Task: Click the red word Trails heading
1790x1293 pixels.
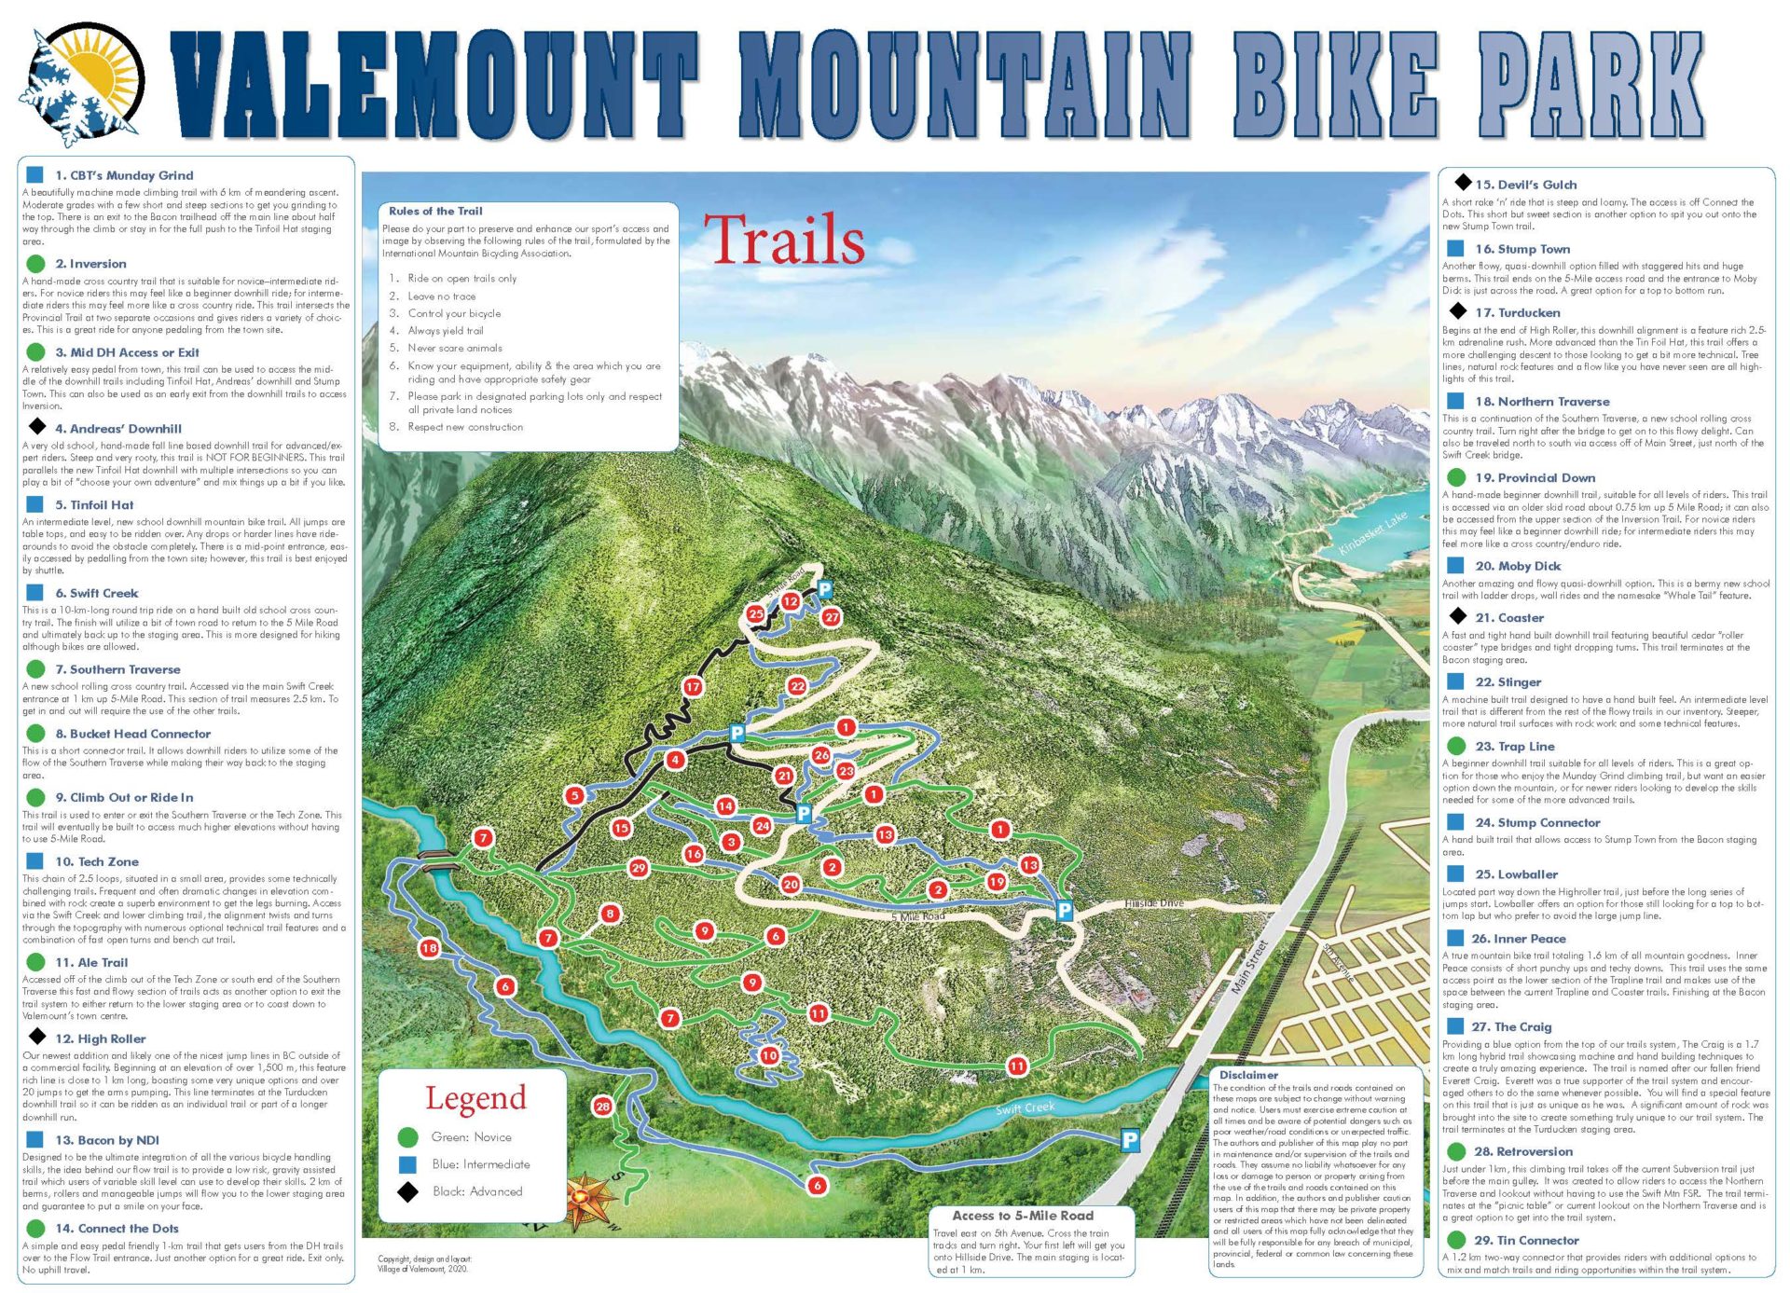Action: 784,241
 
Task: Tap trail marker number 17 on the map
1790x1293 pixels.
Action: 692,687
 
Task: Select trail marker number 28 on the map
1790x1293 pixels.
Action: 602,1107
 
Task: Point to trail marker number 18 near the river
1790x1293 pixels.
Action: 429,948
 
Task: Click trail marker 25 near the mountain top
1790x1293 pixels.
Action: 755,613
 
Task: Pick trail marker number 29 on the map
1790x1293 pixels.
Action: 638,868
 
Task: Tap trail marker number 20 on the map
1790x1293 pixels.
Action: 791,884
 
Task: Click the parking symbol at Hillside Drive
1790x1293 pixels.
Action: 1064,911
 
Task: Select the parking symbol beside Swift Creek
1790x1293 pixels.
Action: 1129,1139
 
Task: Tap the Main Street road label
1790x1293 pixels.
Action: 1249,967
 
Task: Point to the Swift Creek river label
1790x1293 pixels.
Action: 1025,1107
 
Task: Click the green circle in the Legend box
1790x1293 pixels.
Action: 407,1137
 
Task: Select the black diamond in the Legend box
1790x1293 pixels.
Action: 407,1191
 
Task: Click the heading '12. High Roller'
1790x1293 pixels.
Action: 100,1039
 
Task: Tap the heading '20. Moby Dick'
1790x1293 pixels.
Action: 1517,566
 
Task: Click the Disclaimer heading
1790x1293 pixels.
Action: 1248,1075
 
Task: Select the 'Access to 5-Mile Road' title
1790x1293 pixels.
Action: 1022,1216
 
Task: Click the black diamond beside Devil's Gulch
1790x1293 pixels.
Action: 1462,183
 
